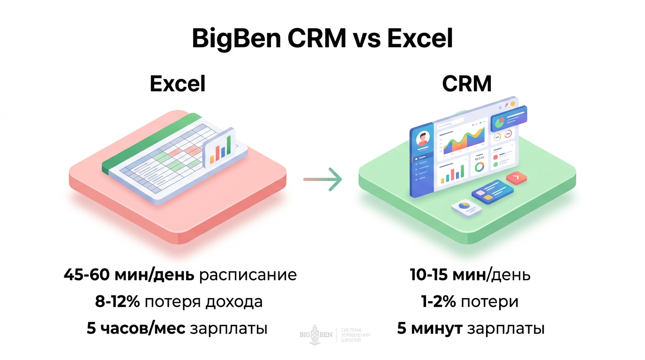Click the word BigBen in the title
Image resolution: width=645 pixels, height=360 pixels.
(236, 39)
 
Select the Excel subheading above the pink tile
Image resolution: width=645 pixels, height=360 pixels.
(178, 84)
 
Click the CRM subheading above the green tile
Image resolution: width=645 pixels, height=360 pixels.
(466, 84)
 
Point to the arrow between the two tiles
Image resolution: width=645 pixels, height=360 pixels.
(322, 179)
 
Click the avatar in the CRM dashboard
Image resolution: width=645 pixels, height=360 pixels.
(423, 139)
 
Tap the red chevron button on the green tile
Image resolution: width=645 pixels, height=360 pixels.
(517, 178)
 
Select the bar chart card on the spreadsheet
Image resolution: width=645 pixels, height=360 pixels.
(219, 148)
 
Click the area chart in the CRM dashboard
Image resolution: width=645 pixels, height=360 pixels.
(463, 141)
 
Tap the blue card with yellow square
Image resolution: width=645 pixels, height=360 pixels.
(492, 192)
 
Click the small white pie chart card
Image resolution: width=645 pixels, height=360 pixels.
(466, 209)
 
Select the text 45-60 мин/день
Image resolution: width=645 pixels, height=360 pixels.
(129, 275)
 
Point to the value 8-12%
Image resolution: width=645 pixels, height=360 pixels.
(118, 301)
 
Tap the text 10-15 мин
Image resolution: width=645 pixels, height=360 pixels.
(448, 275)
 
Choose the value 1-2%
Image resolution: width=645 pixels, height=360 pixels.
(439, 301)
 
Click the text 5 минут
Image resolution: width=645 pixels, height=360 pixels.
(430, 328)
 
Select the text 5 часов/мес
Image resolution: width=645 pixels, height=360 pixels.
(136, 329)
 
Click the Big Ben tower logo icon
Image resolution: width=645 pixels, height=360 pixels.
(315, 335)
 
